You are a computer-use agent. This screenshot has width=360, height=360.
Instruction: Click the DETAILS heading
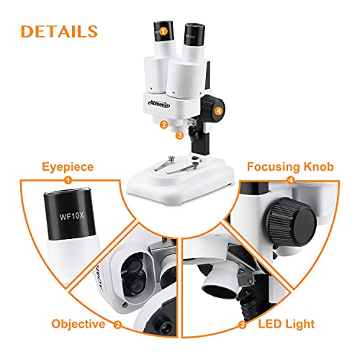59,32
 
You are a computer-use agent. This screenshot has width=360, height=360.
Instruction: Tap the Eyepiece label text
68,167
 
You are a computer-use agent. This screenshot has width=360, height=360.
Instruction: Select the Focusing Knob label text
290,167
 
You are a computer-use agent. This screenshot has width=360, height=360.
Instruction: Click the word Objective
78,324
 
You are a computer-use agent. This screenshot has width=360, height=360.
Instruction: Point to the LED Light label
287,324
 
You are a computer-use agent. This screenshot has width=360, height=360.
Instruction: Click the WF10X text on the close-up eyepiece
72,216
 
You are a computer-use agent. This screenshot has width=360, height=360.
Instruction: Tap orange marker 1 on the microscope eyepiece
163,31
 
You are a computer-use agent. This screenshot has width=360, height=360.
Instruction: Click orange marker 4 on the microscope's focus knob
218,111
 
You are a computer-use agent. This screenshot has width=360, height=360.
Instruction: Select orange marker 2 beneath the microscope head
164,125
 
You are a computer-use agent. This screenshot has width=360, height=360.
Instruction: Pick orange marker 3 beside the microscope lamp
179,135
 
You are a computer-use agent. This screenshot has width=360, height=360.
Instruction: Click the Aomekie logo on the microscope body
159,104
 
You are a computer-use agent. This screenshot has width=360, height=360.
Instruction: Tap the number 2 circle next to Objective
117,325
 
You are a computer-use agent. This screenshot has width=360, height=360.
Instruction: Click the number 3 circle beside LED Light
243,325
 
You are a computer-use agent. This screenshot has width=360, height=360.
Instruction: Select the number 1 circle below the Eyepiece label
68,180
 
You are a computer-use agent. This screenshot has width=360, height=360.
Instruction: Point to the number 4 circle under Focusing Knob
291,180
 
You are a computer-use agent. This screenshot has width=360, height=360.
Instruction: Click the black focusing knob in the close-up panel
291,222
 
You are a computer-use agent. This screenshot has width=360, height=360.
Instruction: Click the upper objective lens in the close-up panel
134,266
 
